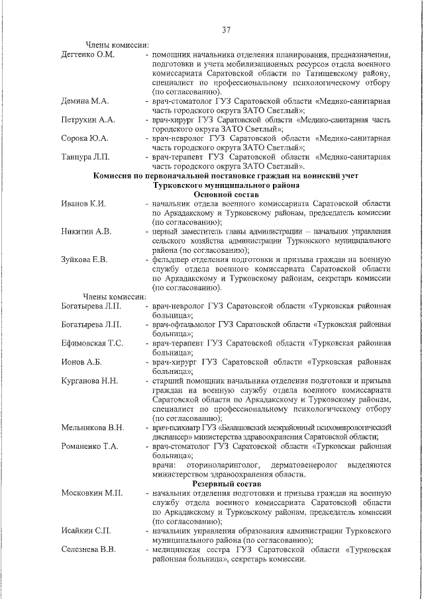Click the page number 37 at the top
coord(226,29)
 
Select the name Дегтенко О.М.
coord(88,54)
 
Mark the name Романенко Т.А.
coord(90,447)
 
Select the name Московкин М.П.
coord(91,493)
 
